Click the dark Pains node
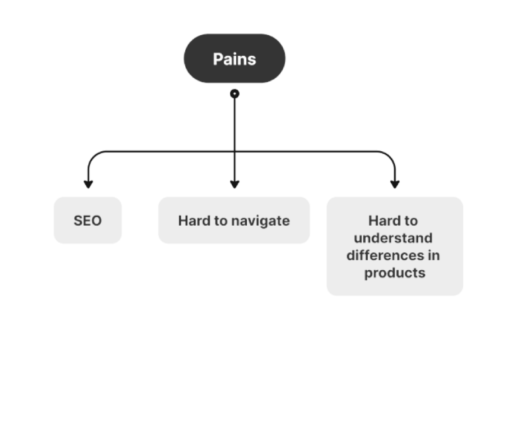pyautogui.click(x=234, y=58)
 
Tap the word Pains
pyautogui.click(x=234, y=59)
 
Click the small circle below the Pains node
pyautogui.click(x=234, y=94)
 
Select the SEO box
pyautogui.click(x=88, y=220)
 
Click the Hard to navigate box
pyautogui.click(x=234, y=220)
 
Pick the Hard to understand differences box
pyautogui.click(x=394, y=246)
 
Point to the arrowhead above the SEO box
pyautogui.click(x=88, y=184)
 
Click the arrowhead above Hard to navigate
pyautogui.click(x=234, y=184)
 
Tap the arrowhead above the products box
pyautogui.click(x=395, y=184)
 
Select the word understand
pyautogui.click(x=393, y=238)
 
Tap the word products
pyautogui.click(x=394, y=272)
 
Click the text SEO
pyautogui.click(x=88, y=220)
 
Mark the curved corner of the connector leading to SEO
pyautogui.click(x=93, y=157)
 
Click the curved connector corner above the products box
pyautogui.click(x=390, y=157)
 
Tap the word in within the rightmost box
pyautogui.click(x=434, y=255)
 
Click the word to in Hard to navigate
pyautogui.click(x=219, y=220)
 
